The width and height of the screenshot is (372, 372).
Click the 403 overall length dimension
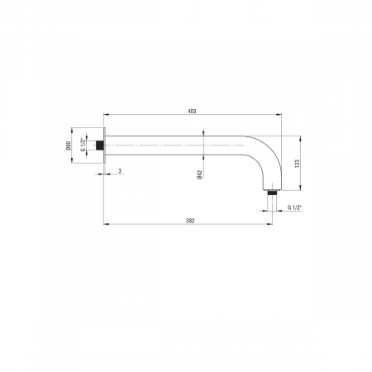[x=192, y=112]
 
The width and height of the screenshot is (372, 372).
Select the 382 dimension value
[x=190, y=221]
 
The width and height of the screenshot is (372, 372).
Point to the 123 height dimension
[x=297, y=164]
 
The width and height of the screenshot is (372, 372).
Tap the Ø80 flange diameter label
[x=69, y=145]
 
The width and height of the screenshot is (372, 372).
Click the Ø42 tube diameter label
[x=200, y=174]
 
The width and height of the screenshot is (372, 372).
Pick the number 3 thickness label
[x=120, y=171]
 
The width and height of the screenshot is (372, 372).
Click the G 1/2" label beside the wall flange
[x=82, y=145]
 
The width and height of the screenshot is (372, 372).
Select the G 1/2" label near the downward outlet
[x=294, y=207]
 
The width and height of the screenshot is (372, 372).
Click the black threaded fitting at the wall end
[x=100, y=145]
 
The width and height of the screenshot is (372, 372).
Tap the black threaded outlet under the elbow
[x=272, y=193]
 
